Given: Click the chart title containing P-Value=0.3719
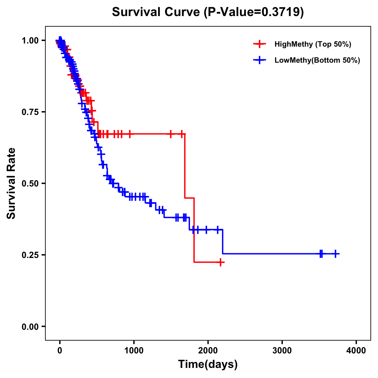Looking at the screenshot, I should (208, 12).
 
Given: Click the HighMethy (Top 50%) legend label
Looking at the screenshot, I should (312, 44).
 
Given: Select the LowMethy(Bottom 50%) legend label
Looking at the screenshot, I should (317, 60).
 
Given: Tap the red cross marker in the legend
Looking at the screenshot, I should (260, 44).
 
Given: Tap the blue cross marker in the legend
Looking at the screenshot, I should (260, 60).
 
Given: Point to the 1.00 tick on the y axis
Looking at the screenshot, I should (30, 41).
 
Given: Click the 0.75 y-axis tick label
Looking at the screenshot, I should (30, 112).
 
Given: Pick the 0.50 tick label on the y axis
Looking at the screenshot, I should (30, 184).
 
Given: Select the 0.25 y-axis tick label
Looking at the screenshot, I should (30, 255).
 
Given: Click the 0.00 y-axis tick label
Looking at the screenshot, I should (30, 327).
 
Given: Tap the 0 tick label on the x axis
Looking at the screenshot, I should (60, 351).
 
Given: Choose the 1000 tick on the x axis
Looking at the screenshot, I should (134, 351).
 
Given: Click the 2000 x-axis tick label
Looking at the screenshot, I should (208, 351).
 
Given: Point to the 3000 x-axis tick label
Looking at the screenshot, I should (282, 351).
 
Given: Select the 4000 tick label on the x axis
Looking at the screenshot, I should (356, 351).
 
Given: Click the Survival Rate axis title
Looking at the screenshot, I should (11, 183).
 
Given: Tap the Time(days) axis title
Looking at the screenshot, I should (208, 364).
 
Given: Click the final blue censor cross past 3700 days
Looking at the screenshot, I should (336, 254).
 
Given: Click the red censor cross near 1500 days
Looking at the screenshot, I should (171, 134).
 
